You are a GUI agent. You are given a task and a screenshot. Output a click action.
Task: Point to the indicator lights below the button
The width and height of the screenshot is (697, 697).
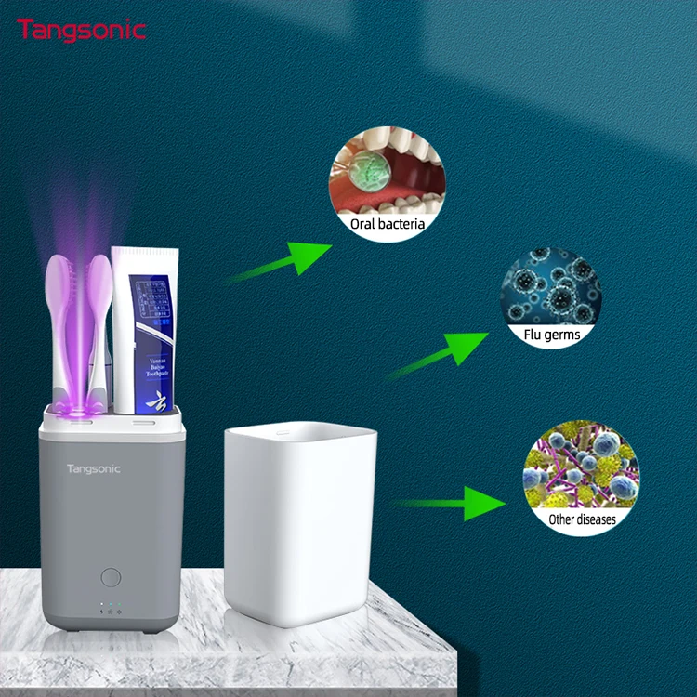109,611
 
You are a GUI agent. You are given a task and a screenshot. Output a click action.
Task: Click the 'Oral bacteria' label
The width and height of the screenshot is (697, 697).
388,224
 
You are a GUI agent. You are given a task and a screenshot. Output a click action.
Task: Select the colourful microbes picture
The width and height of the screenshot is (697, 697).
581,469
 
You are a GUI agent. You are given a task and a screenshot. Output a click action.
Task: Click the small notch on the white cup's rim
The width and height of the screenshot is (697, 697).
278,430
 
